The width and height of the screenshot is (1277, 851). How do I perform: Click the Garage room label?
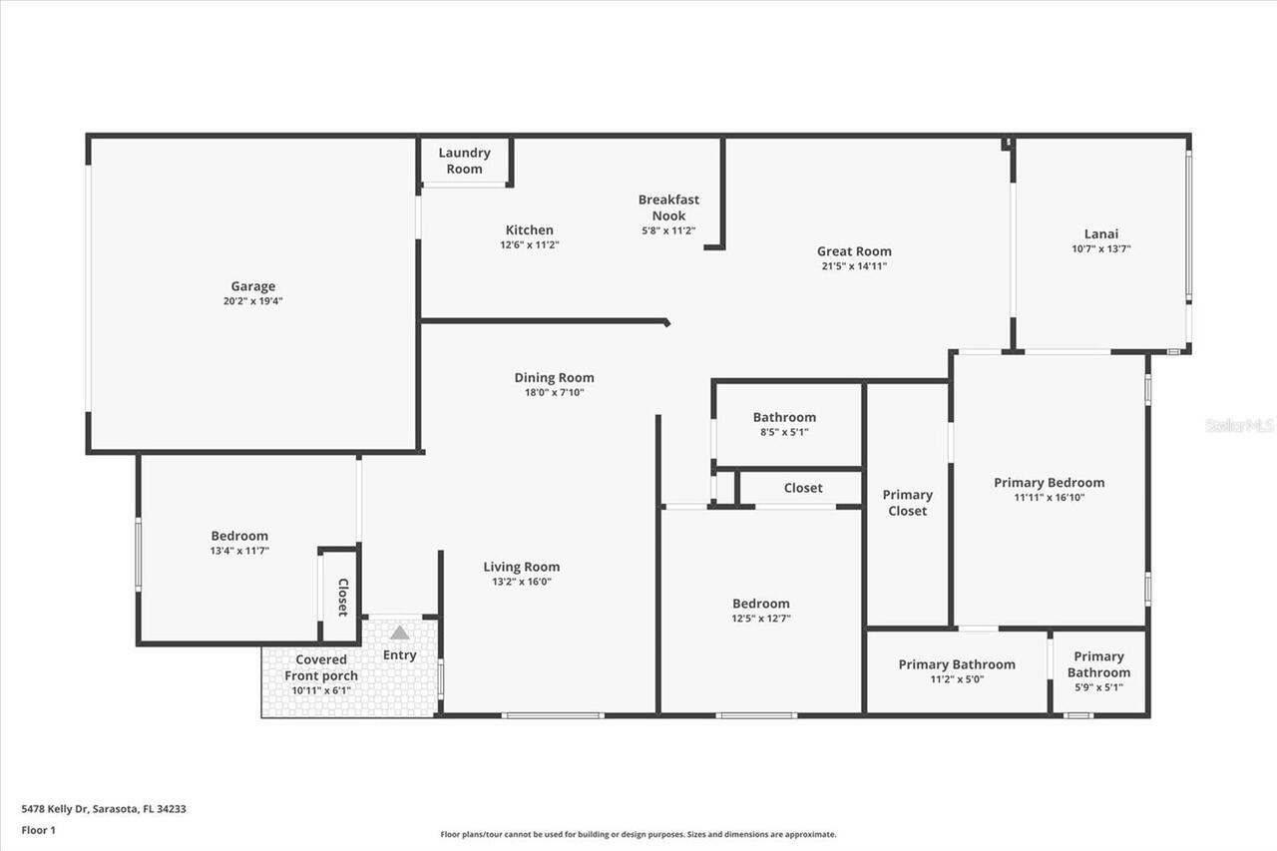(252, 286)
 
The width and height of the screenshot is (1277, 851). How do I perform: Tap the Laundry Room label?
(464, 161)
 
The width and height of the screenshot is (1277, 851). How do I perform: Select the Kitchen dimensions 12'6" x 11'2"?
(529, 244)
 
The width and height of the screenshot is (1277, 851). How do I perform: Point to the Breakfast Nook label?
(668, 208)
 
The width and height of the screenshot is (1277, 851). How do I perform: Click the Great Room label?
(854, 251)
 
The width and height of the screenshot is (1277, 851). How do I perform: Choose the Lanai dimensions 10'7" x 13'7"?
(1100, 249)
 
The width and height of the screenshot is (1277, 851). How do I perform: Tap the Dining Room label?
(554, 377)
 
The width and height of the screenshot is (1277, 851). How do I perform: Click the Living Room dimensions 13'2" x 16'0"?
(521, 582)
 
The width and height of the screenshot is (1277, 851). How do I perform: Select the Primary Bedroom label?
(1049, 483)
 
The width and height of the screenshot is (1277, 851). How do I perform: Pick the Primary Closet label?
(907, 503)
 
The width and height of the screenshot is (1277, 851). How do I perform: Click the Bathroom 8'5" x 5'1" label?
(784, 417)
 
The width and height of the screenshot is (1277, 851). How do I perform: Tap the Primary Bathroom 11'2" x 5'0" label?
(957, 664)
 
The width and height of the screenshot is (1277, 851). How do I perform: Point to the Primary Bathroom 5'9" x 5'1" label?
(1098, 664)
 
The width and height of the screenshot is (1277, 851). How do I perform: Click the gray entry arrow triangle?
(399, 633)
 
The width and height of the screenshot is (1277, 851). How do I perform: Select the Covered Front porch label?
(321, 667)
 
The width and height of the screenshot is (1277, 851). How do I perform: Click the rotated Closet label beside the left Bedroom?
(342, 597)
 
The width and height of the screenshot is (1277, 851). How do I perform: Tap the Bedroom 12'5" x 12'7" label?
(760, 604)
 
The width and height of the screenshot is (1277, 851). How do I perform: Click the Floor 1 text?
(39, 829)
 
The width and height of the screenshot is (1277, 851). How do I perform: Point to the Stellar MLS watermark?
(1238, 425)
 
